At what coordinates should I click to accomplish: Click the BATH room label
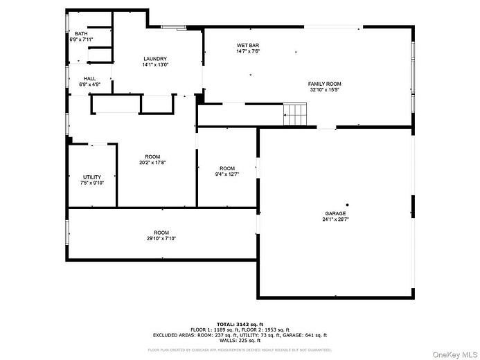[81, 33]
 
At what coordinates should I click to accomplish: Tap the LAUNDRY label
[155, 58]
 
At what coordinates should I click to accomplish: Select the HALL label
[89, 78]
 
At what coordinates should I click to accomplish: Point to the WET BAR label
[248, 45]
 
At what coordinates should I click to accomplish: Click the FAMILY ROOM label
[325, 84]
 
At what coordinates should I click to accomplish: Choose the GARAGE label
[335, 213]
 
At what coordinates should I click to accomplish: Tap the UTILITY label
[91, 177]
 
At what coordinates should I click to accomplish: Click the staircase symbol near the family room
[295, 114]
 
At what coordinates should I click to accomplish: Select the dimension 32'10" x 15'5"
[325, 90]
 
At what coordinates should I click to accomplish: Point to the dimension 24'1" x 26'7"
[335, 219]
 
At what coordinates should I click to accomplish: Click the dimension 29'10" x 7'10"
[161, 238]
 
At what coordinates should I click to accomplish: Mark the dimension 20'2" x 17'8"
[152, 163]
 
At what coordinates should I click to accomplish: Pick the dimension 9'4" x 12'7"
[227, 174]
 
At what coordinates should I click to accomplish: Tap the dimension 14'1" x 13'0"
[155, 64]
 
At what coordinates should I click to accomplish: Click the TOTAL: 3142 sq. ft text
[240, 324]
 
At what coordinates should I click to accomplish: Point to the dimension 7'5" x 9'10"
[91, 183]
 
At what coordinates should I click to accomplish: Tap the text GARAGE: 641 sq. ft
[307, 335]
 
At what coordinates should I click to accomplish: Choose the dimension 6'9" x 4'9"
[89, 84]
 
